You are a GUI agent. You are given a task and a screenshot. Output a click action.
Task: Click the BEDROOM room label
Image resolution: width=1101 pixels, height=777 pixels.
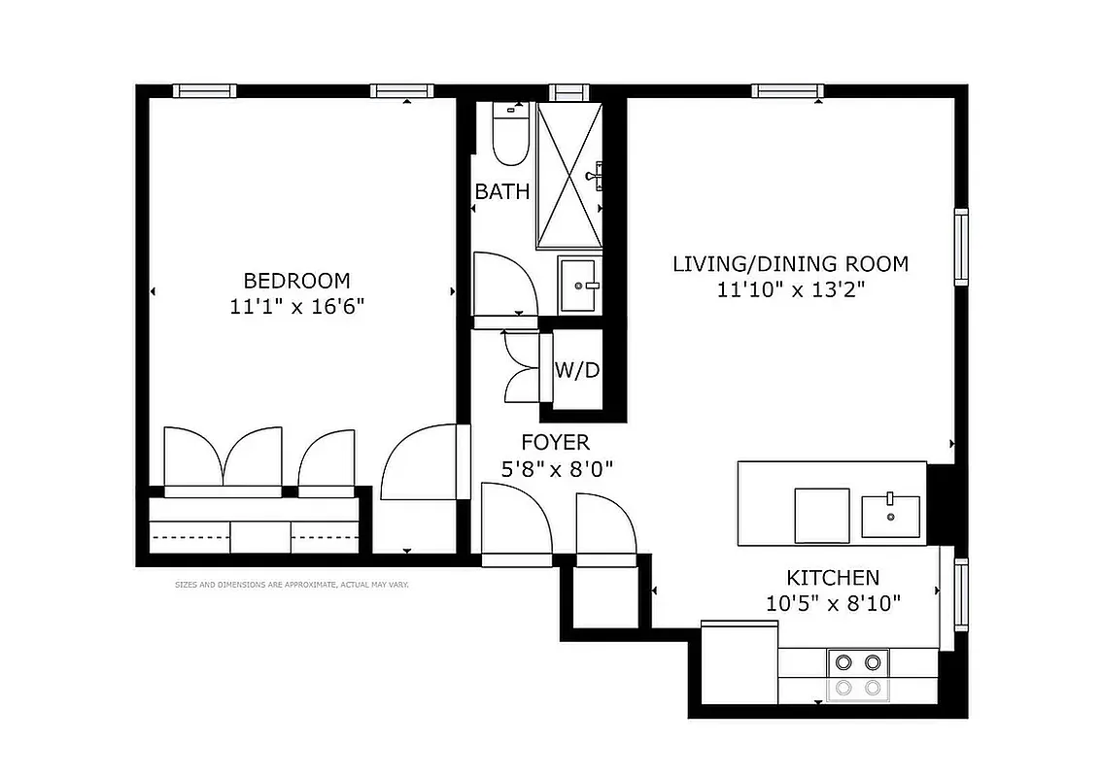click(x=296, y=281)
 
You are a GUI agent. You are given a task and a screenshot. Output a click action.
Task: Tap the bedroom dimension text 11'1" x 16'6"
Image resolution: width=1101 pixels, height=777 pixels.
click(x=296, y=307)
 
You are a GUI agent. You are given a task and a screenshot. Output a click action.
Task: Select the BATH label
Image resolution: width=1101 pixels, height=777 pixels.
click(x=502, y=191)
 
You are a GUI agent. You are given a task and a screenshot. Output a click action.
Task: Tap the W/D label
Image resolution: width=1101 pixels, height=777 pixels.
click(x=576, y=370)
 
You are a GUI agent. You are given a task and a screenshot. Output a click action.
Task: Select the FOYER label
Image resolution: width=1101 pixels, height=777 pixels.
click(x=555, y=443)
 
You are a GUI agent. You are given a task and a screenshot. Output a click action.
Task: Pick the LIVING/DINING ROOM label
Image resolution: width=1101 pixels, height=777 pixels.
click(x=791, y=263)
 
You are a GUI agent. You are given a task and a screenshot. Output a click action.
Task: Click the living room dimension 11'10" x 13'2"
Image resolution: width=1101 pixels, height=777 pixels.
click(x=791, y=289)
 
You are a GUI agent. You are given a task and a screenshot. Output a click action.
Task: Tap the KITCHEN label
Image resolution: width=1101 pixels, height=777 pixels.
click(x=833, y=577)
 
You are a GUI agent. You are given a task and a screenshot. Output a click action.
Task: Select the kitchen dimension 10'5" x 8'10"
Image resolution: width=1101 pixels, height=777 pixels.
click(x=833, y=603)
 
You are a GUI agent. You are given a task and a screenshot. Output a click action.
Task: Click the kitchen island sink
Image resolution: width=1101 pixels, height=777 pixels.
click(x=890, y=515)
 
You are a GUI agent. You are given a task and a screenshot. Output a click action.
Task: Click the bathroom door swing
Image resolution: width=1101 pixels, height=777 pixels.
click(x=504, y=282)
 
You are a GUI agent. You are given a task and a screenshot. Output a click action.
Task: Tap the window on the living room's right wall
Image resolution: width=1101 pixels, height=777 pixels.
click(x=961, y=247)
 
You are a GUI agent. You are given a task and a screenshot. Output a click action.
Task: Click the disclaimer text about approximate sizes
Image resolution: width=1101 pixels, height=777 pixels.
click(x=292, y=585)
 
